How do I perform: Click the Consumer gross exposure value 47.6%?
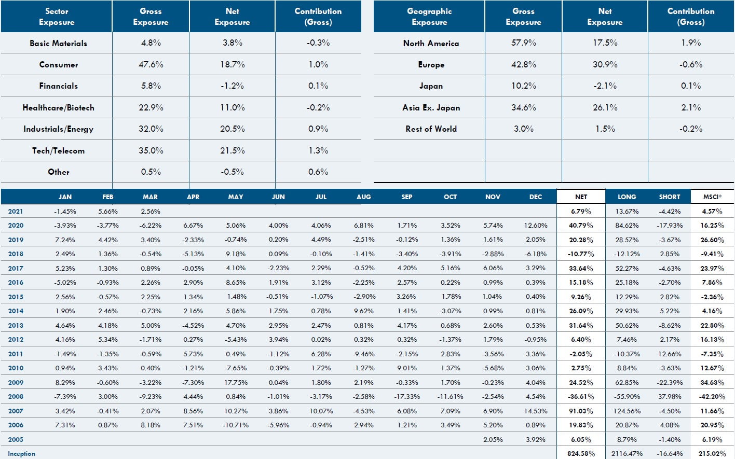[151, 64]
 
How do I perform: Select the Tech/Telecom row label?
[58, 150]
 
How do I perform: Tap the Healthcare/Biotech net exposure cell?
[232, 107]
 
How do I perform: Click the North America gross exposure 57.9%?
[523, 43]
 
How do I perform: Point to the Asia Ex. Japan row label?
[431, 107]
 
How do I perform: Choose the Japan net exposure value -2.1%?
[605, 86]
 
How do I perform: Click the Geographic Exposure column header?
[429, 17]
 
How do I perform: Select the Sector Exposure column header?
[57, 17]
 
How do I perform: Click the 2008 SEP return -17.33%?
[406, 396]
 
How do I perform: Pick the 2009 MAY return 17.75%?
[235, 382]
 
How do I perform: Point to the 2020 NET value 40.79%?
[581, 225]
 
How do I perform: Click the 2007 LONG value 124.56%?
[627, 411]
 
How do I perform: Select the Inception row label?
[21, 453]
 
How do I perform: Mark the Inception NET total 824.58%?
[581, 453]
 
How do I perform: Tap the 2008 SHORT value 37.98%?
[669, 396]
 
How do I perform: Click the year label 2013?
[16, 325]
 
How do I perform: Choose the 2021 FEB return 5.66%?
[107, 211]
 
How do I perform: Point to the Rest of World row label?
[431, 129]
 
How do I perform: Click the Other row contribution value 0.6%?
[318, 172]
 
